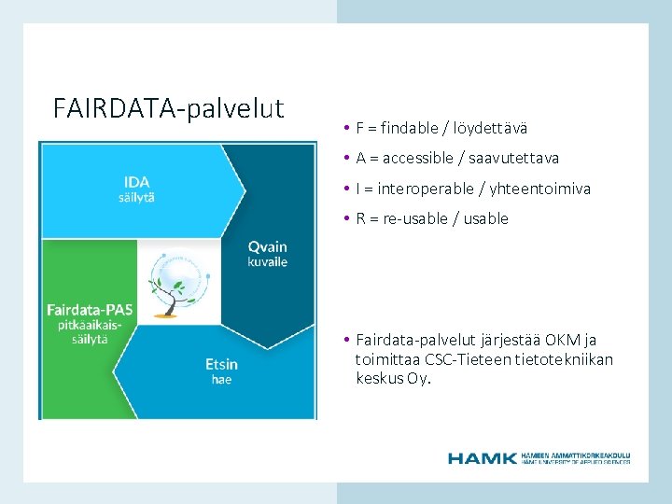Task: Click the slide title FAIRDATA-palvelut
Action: tap(168, 108)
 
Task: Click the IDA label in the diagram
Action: tap(136, 181)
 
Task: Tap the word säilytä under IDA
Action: tap(136, 197)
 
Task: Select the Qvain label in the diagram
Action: tap(267, 246)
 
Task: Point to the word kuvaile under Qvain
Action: tap(267, 262)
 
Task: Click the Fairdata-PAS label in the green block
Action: tap(90, 308)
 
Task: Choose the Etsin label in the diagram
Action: tap(221, 364)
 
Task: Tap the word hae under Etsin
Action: tap(221, 380)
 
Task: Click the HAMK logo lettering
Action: tap(482, 457)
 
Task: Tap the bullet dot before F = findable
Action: tap(345, 128)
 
